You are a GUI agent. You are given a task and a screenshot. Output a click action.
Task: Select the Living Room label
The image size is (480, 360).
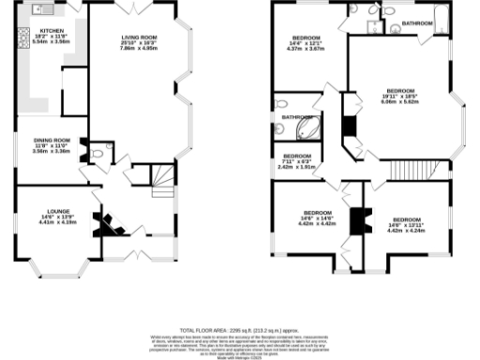pos(137,42)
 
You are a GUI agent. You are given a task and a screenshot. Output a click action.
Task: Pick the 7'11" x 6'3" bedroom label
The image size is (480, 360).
pos(297,160)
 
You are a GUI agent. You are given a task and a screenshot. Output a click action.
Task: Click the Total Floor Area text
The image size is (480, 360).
pos(240,329)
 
